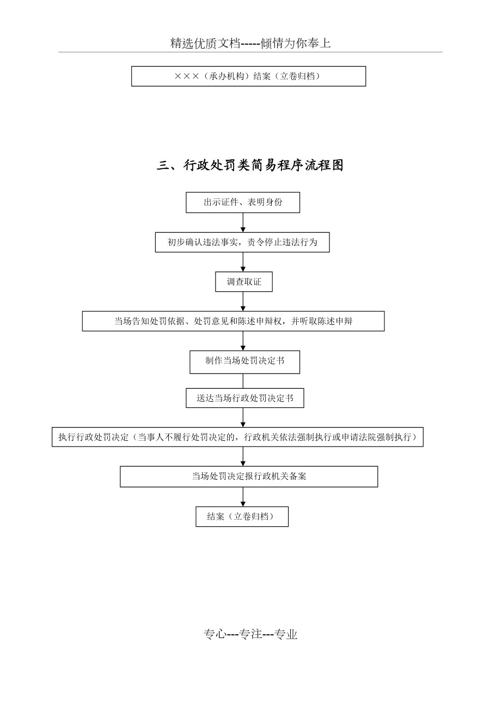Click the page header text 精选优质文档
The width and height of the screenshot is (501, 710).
pos(205,43)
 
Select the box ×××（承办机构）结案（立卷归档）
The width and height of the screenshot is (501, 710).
pos(248,76)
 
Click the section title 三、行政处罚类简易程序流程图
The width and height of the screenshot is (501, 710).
pos(250,165)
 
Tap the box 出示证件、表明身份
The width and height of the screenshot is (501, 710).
pos(243,202)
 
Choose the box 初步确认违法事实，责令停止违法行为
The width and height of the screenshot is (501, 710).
pos(242,242)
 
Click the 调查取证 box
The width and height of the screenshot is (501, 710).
pos(244,281)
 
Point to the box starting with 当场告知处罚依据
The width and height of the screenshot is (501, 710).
pos(233,321)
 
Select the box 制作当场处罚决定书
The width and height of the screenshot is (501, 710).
pos(245,362)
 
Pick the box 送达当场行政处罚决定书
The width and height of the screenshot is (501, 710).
pos(245,398)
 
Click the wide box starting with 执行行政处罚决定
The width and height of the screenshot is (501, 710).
pos(237,437)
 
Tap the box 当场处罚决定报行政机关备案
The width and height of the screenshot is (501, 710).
pos(249,477)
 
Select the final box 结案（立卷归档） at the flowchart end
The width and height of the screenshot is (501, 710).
pos(242,516)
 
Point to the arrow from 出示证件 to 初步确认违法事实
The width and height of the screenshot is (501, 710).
pos(243,222)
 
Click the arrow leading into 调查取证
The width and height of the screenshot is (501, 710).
pos(243,262)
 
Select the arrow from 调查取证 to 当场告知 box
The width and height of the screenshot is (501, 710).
pos(243,301)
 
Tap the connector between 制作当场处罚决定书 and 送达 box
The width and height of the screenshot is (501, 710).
pos(243,381)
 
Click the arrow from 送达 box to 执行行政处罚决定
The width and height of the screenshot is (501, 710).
pos(243,418)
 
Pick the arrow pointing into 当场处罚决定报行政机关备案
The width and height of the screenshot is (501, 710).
pos(243,456)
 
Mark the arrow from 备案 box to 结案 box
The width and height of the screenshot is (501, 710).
pos(243,497)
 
